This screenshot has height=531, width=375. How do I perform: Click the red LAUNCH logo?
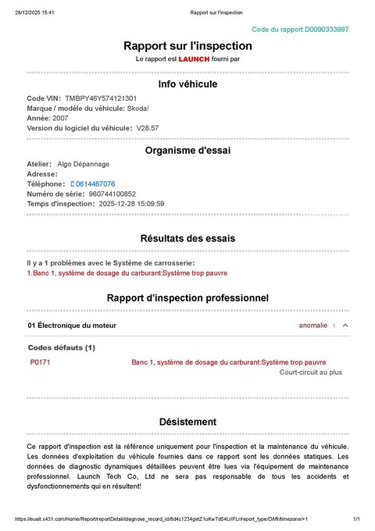point(194,59)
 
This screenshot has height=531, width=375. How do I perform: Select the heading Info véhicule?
point(187,84)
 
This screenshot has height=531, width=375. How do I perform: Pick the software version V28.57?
point(148,127)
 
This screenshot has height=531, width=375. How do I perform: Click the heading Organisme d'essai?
point(187,150)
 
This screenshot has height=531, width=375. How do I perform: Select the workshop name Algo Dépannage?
point(84,164)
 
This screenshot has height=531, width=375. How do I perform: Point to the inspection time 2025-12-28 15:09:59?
point(131,203)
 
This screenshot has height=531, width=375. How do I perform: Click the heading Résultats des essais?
point(187,237)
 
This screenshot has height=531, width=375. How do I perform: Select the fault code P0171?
point(40,362)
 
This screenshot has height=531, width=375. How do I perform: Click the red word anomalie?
point(313,325)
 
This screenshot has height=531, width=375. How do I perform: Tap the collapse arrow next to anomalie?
point(345,325)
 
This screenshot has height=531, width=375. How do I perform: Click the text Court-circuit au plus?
point(311,372)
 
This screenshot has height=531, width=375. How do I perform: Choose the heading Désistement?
point(187,421)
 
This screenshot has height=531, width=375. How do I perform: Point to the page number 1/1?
point(355,519)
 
